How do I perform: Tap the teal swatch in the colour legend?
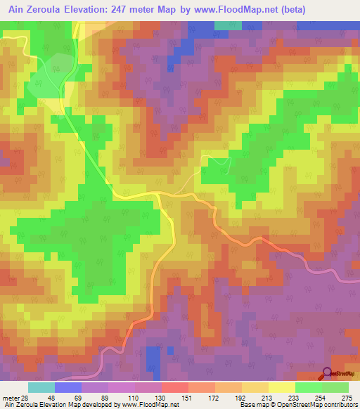click(x=41, y=387)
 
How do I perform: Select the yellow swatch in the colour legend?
click(x=282, y=387)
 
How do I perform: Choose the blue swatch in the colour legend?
click(x=68, y=387)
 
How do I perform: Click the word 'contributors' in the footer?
click(x=341, y=405)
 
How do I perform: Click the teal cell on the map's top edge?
click(x=227, y=25)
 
